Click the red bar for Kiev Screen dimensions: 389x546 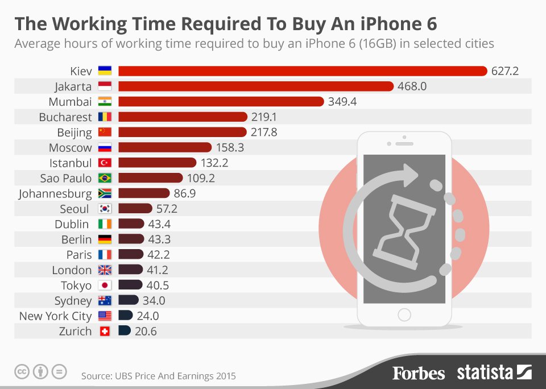[301, 71]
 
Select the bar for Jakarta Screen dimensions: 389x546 [256, 86]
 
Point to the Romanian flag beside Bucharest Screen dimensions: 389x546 [105, 117]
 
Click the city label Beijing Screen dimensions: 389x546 [75, 133]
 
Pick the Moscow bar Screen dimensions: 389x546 [165, 148]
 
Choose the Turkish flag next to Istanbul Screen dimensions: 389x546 [105, 163]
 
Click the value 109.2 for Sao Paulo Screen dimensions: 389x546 [202, 178]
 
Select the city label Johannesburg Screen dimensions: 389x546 [55, 193]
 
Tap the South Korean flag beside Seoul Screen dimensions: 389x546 [105, 209]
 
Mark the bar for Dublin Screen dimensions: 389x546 [131, 224]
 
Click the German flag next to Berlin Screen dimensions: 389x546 [105, 239]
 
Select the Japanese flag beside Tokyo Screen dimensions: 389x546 [105, 285]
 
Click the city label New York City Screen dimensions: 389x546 [55, 316]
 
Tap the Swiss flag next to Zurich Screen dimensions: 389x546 [105, 332]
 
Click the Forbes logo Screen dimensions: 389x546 [419, 373]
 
